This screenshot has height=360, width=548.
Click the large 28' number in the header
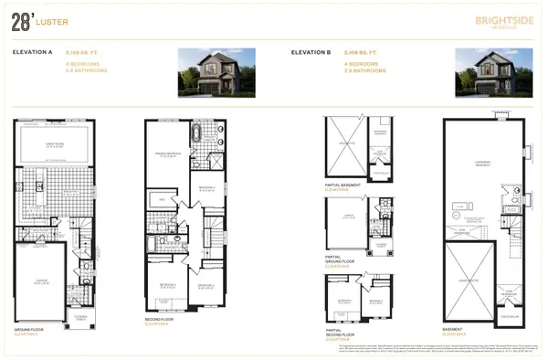[x=24, y=22]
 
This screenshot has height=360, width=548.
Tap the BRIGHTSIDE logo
[x=499, y=20]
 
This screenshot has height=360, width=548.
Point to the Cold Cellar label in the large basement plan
[x=505, y=312]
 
